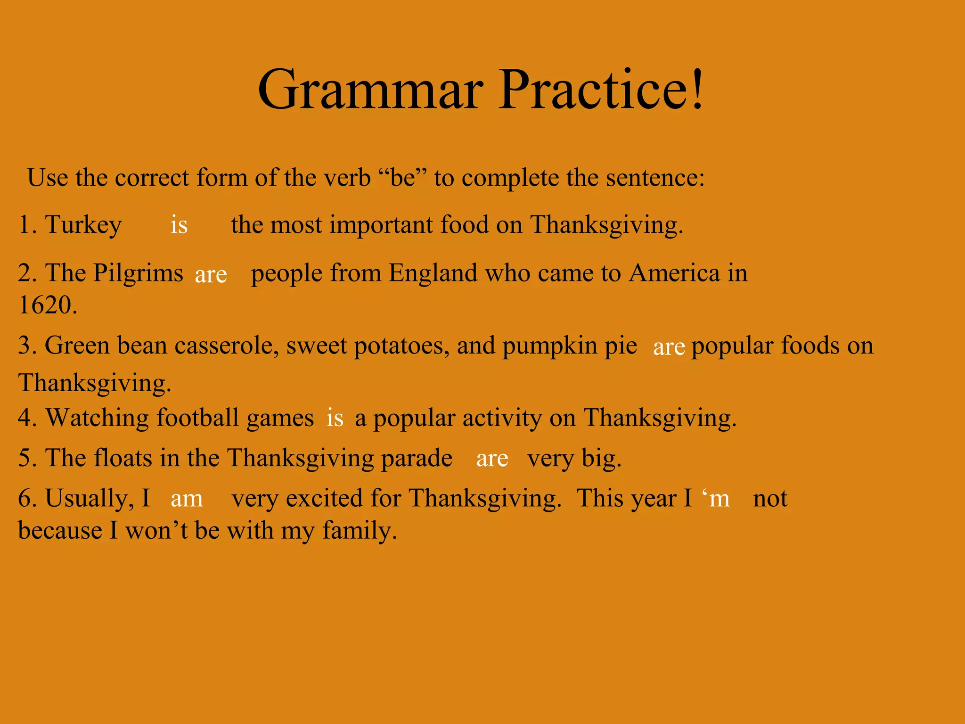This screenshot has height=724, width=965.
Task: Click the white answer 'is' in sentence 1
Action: click(x=179, y=225)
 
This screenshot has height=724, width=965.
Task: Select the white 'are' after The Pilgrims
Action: click(x=211, y=274)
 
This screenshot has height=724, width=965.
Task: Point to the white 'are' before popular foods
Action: click(x=669, y=347)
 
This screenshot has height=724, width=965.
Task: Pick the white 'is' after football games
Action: click(x=335, y=418)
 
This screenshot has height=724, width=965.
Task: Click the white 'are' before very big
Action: click(x=492, y=459)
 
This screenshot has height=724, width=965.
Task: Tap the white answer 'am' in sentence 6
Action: click(x=187, y=499)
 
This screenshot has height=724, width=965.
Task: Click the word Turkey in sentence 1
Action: click(x=83, y=225)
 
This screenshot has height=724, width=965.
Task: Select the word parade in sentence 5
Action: click(x=417, y=458)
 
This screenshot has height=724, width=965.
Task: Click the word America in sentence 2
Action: click(x=674, y=273)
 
